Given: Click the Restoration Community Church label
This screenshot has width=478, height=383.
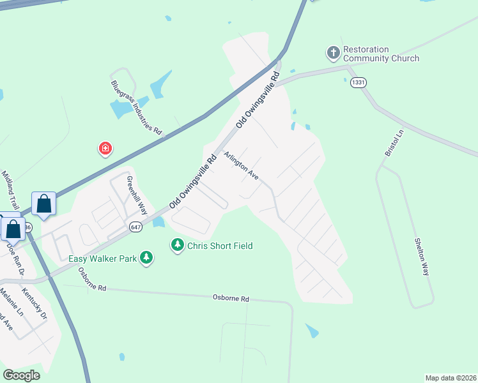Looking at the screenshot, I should coord(381,54).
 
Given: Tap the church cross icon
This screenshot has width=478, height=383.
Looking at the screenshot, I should coord(333,52).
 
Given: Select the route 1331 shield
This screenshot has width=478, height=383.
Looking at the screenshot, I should coord(358,83).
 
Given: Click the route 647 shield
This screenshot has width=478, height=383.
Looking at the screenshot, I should coord(135,227).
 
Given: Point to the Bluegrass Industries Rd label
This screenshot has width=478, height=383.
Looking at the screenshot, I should coord(136,107).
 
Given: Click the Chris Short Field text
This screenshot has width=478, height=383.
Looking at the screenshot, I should coord(220,246).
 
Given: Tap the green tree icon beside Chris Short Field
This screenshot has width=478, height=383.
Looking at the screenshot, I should coord(177,244).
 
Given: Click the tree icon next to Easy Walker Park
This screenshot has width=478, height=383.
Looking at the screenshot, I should coord(147,257).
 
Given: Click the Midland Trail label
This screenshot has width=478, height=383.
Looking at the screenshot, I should coord(11,184).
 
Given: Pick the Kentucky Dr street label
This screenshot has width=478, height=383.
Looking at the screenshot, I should coord(35,304).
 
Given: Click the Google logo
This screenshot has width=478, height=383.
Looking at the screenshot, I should coord(21,375).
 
